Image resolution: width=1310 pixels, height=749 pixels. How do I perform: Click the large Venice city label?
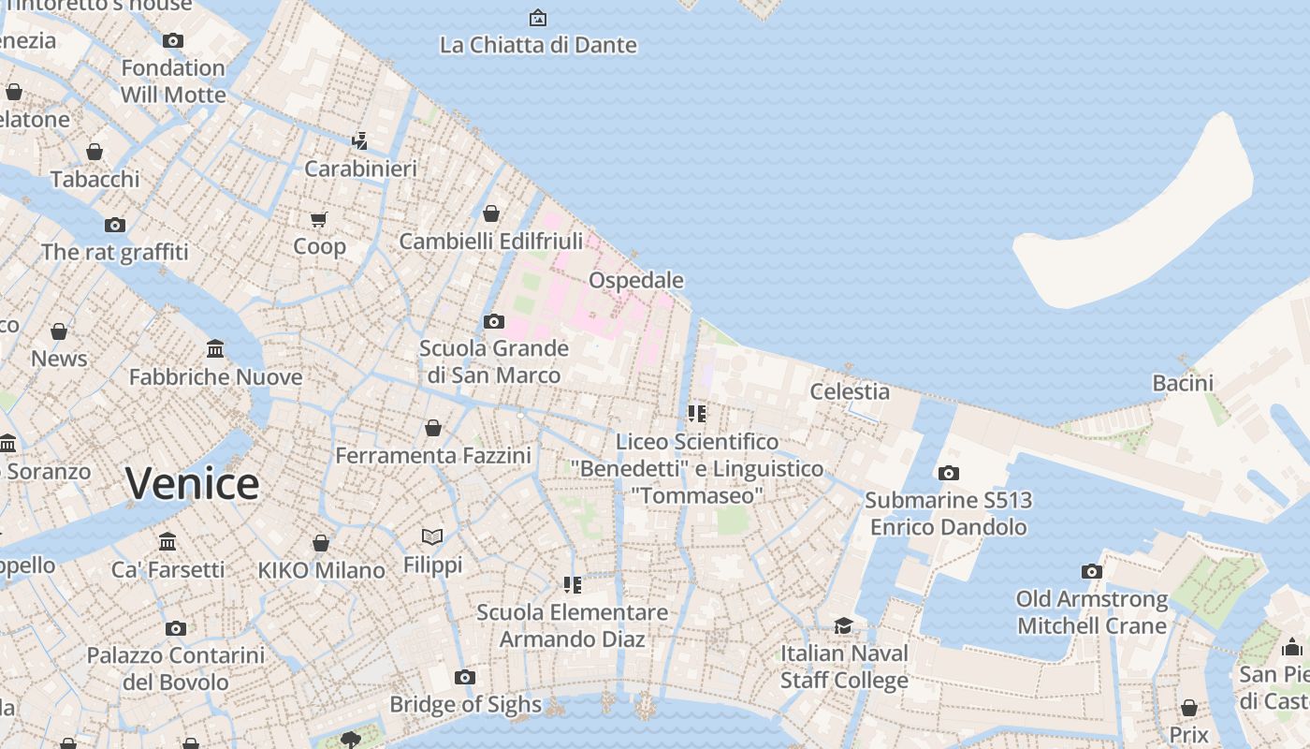[x=193, y=484]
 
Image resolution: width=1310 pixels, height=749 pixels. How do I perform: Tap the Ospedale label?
[x=636, y=280]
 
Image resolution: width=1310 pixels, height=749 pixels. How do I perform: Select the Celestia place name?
[x=850, y=391]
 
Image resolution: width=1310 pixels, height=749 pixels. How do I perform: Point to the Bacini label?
[x=1183, y=383]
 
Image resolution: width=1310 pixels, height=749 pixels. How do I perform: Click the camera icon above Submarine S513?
[x=949, y=473]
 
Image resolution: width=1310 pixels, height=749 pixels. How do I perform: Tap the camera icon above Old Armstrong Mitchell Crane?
[x=1091, y=571]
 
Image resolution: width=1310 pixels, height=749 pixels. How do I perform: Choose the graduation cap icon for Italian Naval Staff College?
[x=844, y=625]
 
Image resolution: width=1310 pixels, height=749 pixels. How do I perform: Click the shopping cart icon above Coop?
[x=319, y=219]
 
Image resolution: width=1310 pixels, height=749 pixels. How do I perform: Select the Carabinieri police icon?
[x=359, y=141]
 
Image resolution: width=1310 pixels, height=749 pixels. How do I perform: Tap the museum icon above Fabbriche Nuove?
[x=215, y=349]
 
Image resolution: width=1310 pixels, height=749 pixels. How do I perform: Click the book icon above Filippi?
[x=432, y=536]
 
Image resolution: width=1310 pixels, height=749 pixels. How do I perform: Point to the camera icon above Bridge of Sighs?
[x=465, y=677]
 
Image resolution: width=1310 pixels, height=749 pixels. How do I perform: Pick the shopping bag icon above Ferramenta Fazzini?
[x=433, y=428]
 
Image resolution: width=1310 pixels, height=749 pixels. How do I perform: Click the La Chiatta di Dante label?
[x=538, y=45]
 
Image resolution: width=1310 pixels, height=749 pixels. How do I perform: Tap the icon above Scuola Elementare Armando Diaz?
[x=572, y=585]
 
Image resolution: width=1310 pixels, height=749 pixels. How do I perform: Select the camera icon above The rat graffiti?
[x=115, y=225]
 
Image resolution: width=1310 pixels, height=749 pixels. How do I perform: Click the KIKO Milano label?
[x=321, y=570]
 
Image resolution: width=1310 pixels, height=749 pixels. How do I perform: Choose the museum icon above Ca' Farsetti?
[x=167, y=541]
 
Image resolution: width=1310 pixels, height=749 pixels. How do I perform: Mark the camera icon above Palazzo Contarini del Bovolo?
[x=176, y=628]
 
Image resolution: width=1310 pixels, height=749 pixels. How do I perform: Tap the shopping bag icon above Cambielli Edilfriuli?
[x=491, y=213]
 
